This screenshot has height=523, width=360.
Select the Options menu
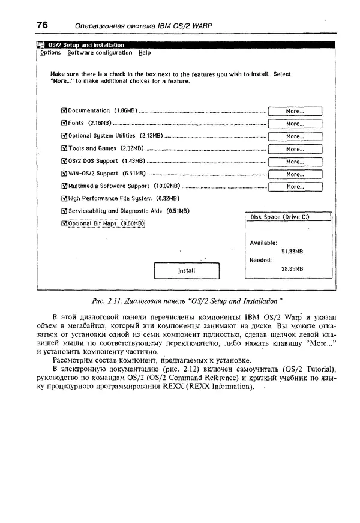(x=50, y=53)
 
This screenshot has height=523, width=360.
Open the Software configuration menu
(x=100, y=53)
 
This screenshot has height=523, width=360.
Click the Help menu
(x=145, y=53)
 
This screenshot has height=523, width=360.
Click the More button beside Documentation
(x=295, y=111)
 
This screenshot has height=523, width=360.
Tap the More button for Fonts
(x=295, y=124)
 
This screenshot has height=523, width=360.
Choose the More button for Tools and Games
(x=295, y=149)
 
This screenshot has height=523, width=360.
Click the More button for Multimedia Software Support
(x=295, y=187)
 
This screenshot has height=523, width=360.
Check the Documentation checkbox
(x=64, y=111)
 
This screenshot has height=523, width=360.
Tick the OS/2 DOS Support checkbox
(x=64, y=161)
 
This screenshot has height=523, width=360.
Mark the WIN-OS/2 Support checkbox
(x=64, y=174)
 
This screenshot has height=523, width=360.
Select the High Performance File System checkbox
(x=64, y=198)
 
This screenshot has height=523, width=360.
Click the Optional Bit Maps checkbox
(x=64, y=223)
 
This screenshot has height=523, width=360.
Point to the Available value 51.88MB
(x=292, y=251)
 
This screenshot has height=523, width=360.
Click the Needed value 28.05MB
(x=292, y=269)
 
